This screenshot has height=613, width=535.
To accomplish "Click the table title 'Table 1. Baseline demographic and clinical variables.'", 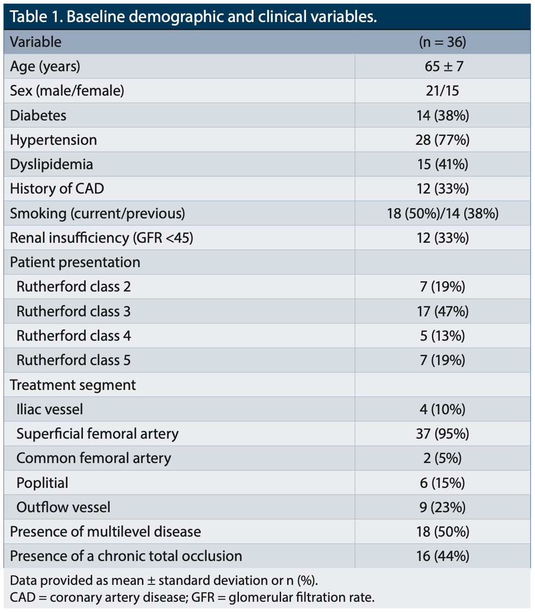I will coord(193,17).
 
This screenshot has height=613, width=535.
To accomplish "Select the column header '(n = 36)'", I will coord(442,42).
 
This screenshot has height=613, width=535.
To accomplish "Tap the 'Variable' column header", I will coord(36,42).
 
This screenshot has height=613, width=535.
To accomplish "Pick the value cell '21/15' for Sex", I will coord(442,91).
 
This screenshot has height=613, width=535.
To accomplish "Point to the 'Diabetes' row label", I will coord(38,115).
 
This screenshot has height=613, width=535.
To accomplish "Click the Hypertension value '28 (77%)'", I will coord(442,140).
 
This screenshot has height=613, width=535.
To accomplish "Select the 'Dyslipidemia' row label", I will coord(52,164).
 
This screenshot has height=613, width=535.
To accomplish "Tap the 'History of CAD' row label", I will coord(57,189).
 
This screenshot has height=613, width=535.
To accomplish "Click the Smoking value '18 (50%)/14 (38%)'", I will coord(442,213).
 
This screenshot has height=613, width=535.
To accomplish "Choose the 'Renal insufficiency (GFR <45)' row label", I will coord(101,238).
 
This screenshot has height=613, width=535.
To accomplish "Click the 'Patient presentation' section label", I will coord(75,262).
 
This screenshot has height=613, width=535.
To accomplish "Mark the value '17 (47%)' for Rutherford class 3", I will coord(442,311).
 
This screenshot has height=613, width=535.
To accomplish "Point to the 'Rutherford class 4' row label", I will coord(74,336).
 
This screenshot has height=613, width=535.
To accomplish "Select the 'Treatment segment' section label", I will coord(73,385).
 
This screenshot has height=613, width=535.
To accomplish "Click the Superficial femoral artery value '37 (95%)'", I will coord(442,434).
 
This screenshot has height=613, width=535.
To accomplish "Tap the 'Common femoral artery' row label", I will coord(94,458).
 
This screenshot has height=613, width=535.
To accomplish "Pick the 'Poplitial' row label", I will coord(42,483).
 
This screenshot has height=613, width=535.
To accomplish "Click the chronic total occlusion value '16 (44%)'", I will coord(442,556).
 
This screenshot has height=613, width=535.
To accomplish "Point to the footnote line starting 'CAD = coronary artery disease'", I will coord(192,598).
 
